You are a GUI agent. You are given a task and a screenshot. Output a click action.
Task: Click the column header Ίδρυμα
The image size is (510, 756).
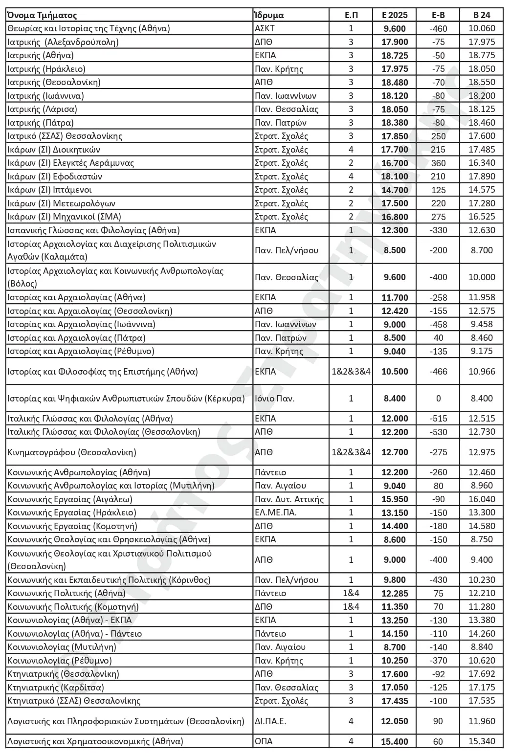(x=269, y=15)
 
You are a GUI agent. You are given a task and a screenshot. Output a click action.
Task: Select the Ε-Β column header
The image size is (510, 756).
(x=438, y=15)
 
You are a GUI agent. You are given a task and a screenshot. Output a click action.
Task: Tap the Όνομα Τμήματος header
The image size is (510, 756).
(x=42, y=15)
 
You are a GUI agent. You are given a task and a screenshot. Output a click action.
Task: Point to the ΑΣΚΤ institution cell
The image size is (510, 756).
(x=266, y=28)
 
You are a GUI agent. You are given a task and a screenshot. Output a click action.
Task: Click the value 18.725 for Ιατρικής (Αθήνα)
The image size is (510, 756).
(x=394, y=55)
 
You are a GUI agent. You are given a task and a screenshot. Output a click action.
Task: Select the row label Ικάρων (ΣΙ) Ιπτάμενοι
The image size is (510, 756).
(x=50, y=190)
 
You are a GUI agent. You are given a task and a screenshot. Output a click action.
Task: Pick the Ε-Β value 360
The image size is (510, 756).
(x=438, y=163)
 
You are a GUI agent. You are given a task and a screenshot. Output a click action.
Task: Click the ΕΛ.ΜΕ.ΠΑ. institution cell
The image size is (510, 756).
(x=276, y=512)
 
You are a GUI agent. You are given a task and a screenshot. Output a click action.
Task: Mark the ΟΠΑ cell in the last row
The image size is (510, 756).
(x=264, y=741)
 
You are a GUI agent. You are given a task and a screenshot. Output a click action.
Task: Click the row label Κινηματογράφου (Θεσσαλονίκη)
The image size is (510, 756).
(x=72, y=452)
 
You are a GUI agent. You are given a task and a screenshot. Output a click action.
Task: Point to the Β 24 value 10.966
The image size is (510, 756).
(x=482, y=372)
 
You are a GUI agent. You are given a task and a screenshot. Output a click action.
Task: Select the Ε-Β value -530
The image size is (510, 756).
(x=438, y=432)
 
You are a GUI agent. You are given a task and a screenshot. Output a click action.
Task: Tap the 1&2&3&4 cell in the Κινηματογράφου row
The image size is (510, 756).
(x=351, y=452)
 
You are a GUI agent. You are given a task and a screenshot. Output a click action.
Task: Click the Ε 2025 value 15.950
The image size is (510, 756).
(x=394, y=499)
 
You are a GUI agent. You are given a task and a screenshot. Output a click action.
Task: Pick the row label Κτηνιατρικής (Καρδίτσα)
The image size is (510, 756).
(x=56, y=688)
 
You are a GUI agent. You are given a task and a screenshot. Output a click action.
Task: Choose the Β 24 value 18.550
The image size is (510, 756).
(x=482, y=82)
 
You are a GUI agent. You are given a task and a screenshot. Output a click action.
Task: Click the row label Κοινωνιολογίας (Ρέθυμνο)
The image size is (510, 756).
(x=60, y=661)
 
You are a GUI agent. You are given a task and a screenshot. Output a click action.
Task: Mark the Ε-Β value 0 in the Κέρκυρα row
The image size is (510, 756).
(x=438, y=398)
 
